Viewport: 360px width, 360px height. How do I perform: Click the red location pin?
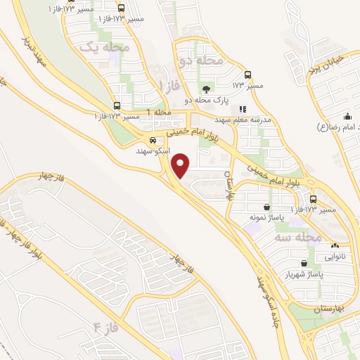click(x=181, y=165)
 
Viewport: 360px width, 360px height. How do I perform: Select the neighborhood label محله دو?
click(x=200, y=62)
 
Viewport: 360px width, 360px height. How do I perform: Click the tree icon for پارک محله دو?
click(x=206, y=89)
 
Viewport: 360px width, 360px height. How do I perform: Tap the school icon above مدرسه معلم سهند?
click(x=243, y=109)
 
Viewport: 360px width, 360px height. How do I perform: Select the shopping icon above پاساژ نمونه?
click(x=267, y=207)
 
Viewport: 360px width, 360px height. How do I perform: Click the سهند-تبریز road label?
click(x=35, y=50)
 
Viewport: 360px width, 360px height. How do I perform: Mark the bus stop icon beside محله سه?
click(x=313, y=199)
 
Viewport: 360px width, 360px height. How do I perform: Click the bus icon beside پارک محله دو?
click(x=247, y=75)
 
